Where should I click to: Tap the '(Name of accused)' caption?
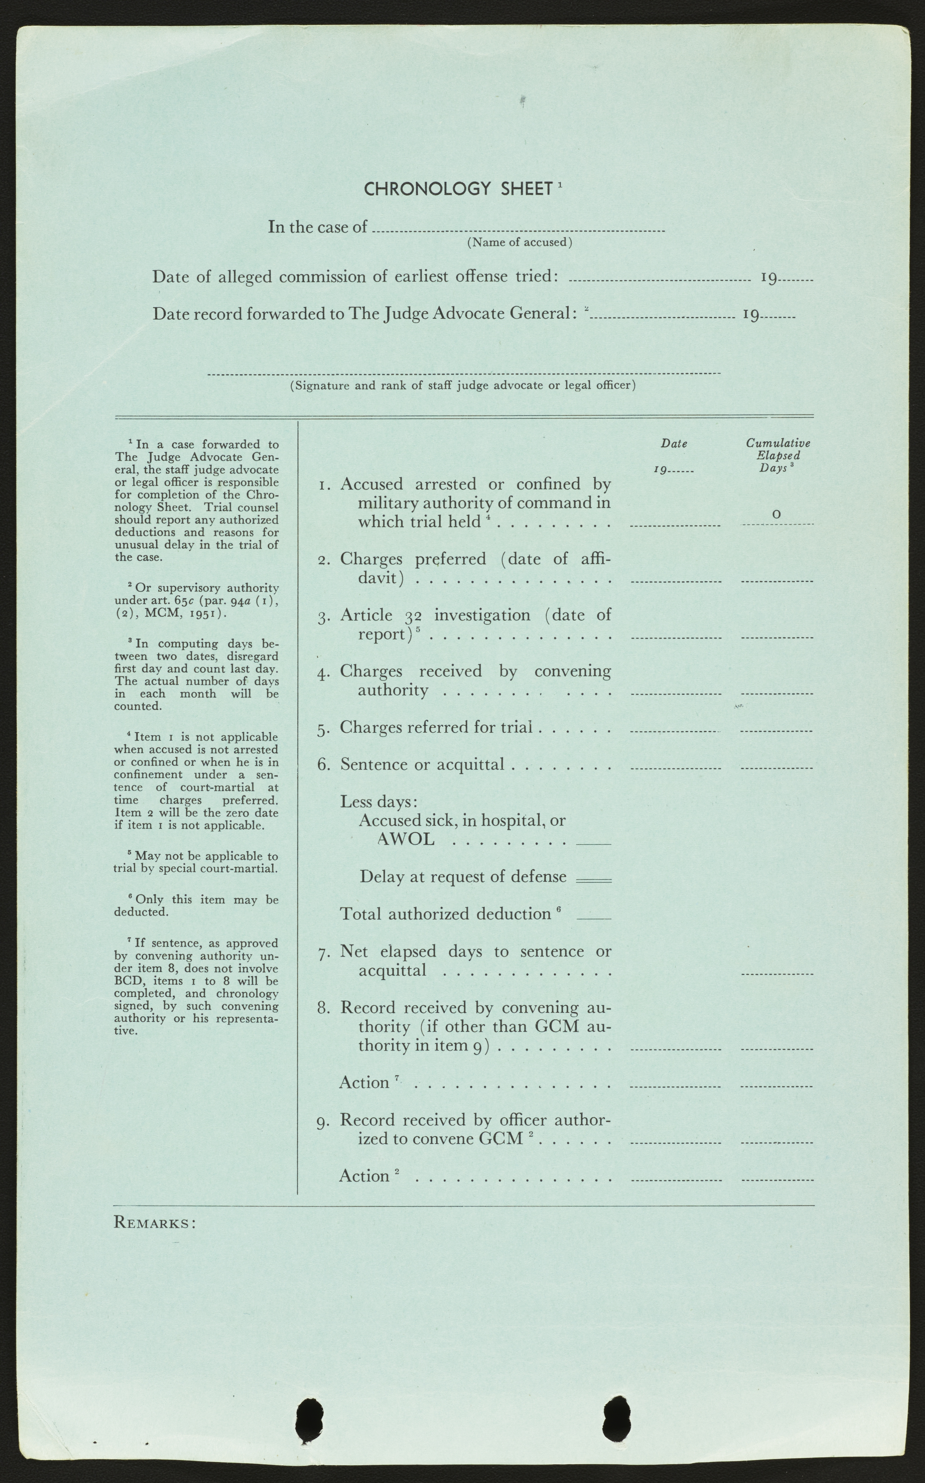coord(519,242)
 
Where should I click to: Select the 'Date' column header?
coord(674,444)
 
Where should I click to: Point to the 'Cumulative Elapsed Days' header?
coord(778,455)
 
